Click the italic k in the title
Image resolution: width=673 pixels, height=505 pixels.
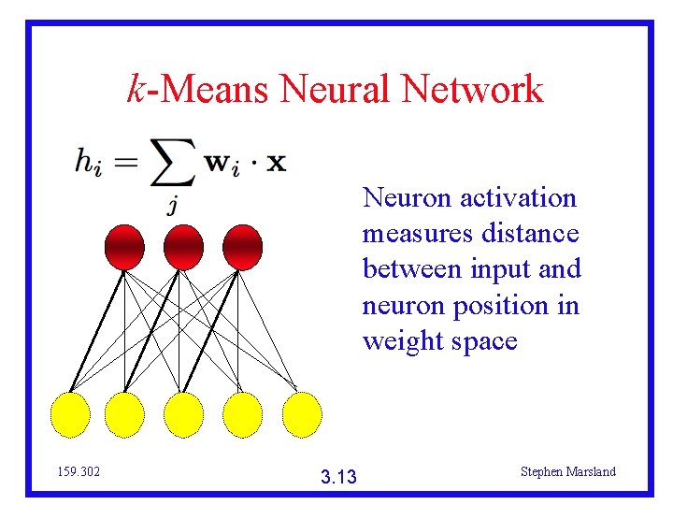pyautogui.click(x=136, y=90)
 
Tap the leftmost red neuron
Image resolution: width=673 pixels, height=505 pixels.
pyautogui.click(x=124, y=247)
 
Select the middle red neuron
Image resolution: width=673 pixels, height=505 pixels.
pyautogui.click(x=183, y=247)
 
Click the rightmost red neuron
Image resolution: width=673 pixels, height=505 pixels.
pyautogui.click(x=242, y=247)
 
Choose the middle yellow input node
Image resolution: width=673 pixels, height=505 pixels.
pyautogui.click(x=184, y=413)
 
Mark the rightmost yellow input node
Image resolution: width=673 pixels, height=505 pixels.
pyautogui.click(x=300, y=413)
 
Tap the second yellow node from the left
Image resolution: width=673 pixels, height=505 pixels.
pyautogui.click(x=124, y=413)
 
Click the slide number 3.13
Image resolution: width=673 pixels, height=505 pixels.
pyautogui.click(x=337, y=478)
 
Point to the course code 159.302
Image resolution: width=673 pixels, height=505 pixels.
pyautogui.click(x=79, y=472)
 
